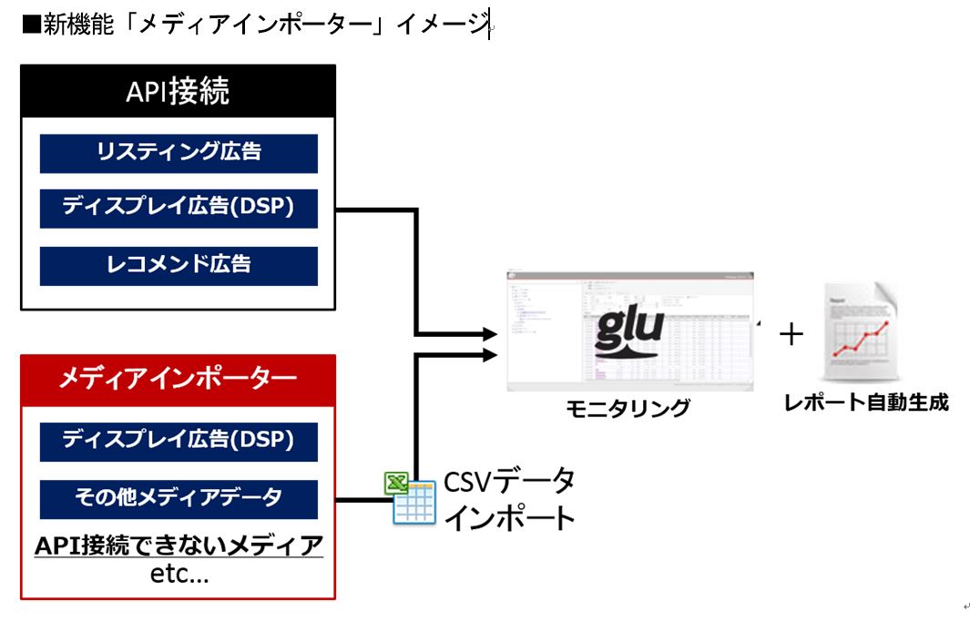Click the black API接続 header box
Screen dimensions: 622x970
[x=178, y=91]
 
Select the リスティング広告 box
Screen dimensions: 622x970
[x=179, y=153]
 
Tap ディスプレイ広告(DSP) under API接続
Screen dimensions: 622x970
[x=179, y=209]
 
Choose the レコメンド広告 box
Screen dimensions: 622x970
[x=179, y=265]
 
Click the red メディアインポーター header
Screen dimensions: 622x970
[x=178, y=378]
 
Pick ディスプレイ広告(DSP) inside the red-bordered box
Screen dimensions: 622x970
[x=179, y=441]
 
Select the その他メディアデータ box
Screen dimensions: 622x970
[x=179, y=498]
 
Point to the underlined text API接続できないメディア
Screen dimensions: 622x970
[x=179, y=546]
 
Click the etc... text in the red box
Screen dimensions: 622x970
[x=179, y=575]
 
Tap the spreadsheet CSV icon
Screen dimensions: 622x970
[x=411, y=498]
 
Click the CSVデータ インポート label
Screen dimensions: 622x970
[x=508, y=499]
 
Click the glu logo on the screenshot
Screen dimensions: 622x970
[x=628, y=332]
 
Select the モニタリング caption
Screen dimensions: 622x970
[x=628, y=407]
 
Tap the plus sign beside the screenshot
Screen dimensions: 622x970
[x=791, y=335]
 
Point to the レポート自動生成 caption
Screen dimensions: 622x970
[x=865, y=402]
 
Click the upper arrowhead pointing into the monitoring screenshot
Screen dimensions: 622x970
[x=490, y=334]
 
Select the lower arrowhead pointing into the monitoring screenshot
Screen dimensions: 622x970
[x=490, y=353]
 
